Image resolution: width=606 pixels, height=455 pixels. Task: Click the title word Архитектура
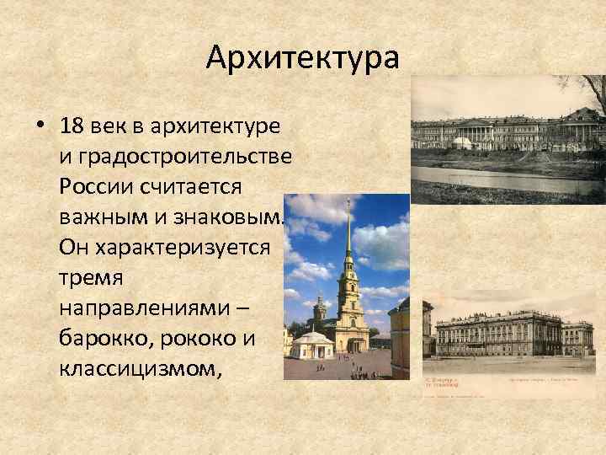point(301,59)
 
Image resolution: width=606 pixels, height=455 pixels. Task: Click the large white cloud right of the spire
point(383,240)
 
